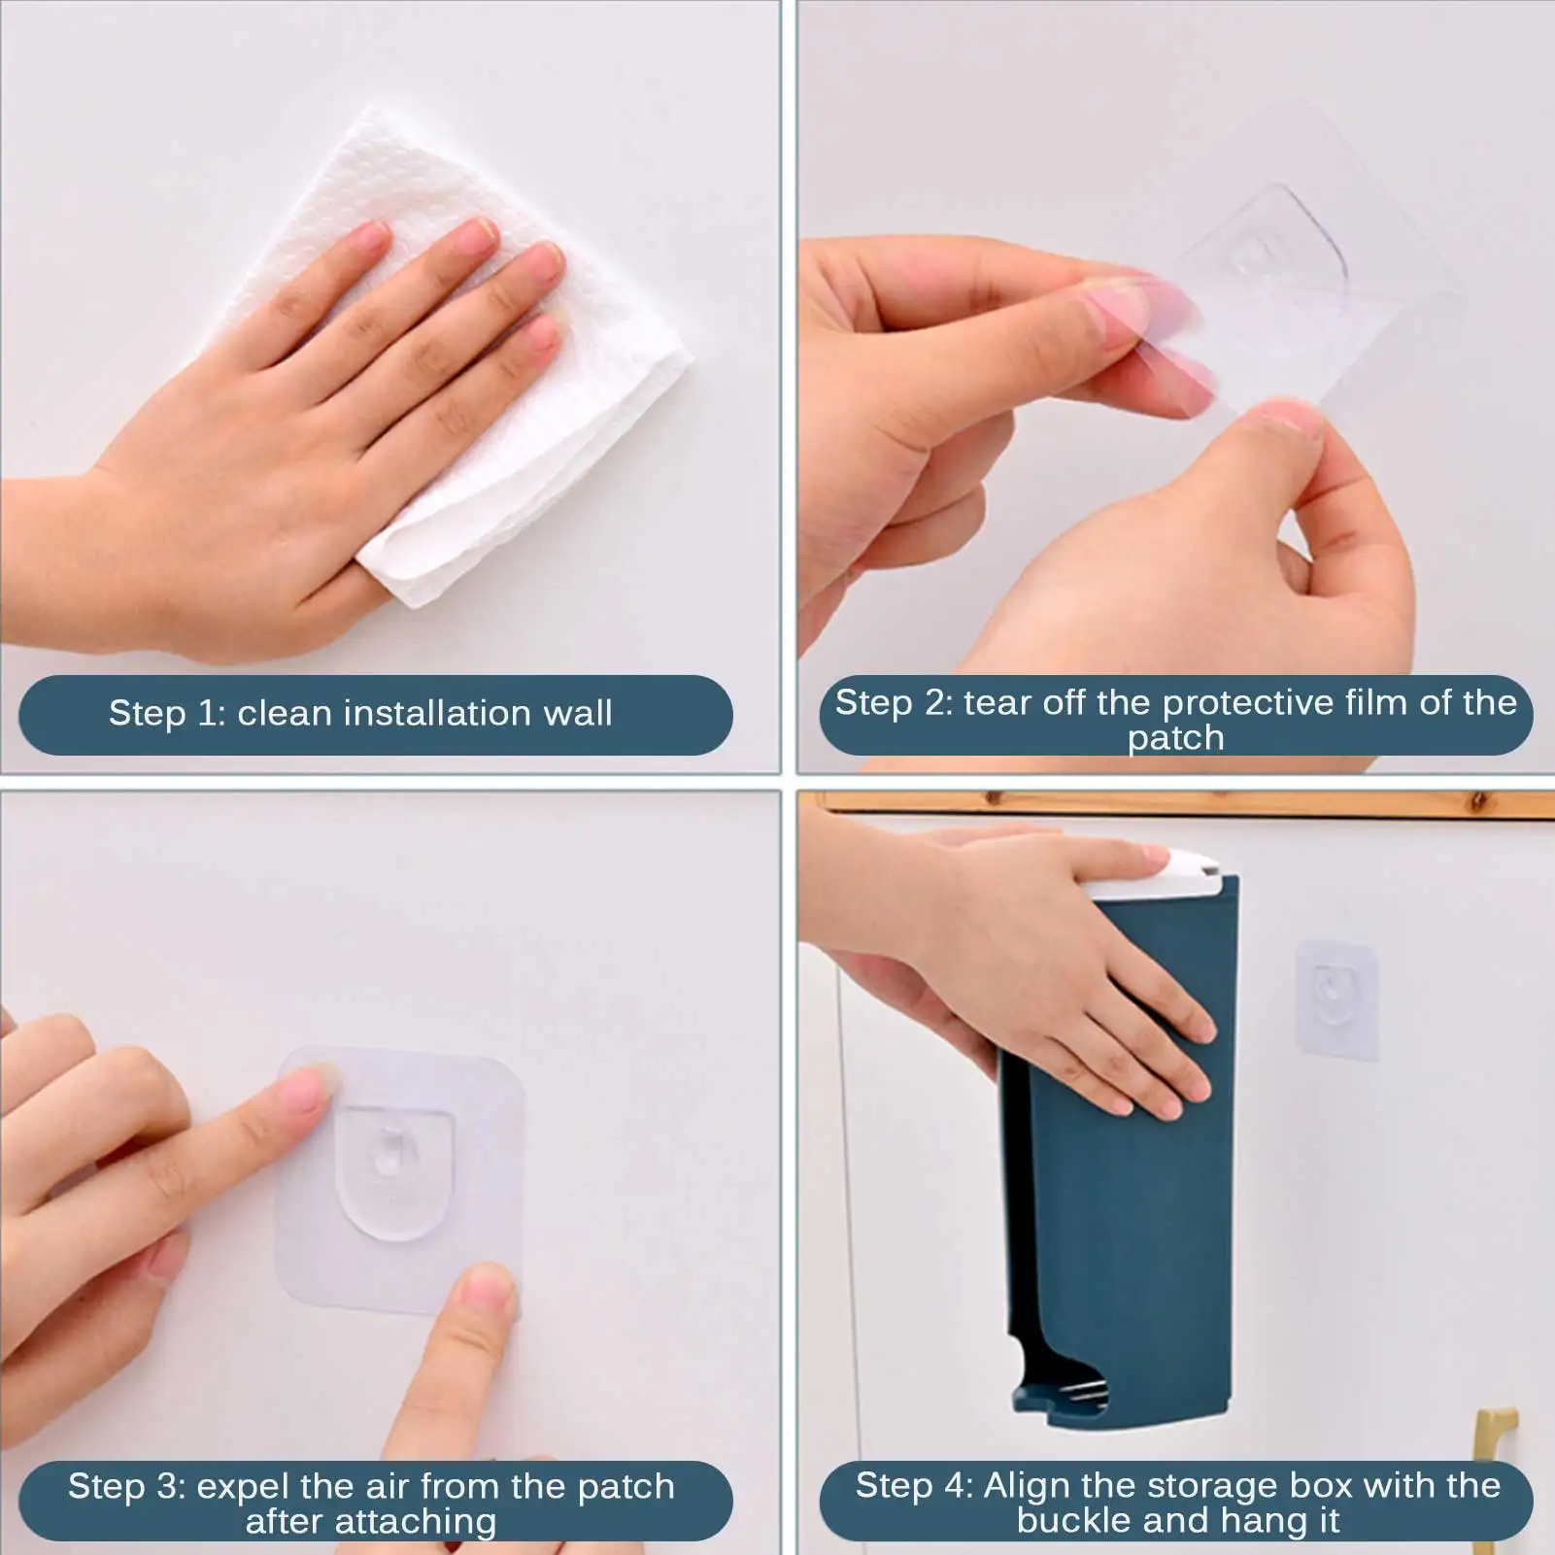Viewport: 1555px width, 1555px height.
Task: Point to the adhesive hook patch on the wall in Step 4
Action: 1336,998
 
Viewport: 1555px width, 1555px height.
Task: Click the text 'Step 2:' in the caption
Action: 894,703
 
